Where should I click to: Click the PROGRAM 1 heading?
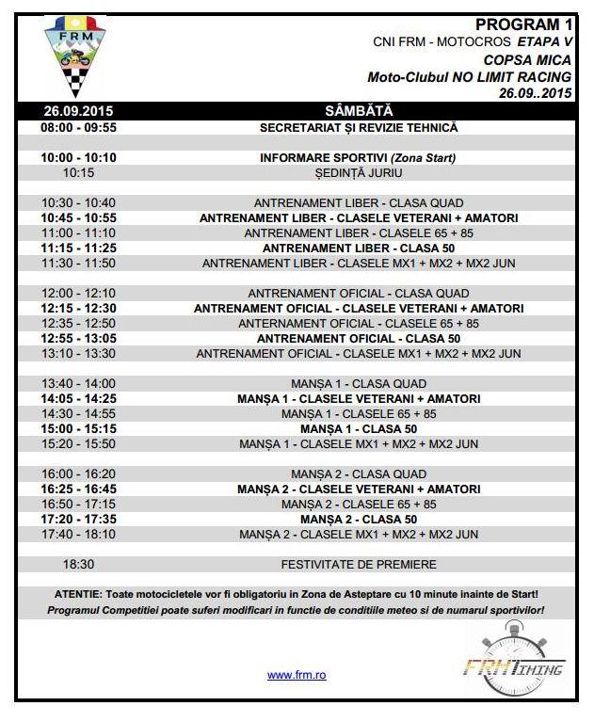(524, 25)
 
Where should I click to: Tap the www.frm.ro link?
(297, 675)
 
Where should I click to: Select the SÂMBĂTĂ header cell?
(358, 111)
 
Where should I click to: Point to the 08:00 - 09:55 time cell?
(78, 126)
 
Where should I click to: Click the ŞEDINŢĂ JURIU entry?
(358, 173)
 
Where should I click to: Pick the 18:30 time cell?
(78, 565)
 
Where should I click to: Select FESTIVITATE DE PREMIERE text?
(358, 565)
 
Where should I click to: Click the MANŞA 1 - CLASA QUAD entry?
(358, 383)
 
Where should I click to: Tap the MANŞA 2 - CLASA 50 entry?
(358, 520)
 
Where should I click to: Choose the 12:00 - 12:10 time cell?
(78, 293)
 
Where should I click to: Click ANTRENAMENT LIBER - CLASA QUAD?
(358, 202)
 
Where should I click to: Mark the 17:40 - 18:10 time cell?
(78, 535)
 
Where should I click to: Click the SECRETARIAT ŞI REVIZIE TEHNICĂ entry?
(358, 126)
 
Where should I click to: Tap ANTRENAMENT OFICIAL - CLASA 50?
(358, 338)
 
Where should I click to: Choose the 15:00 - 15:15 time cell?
(78, 428)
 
